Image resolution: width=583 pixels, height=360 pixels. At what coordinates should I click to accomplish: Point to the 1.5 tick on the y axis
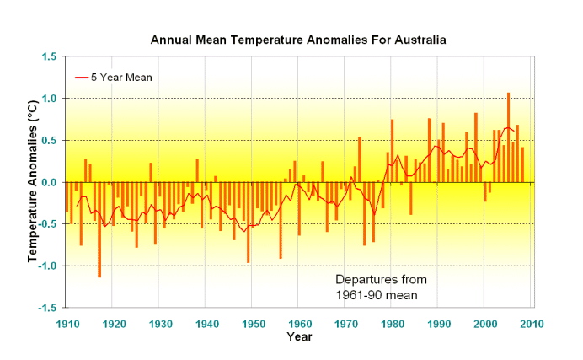click(x=49, y=56)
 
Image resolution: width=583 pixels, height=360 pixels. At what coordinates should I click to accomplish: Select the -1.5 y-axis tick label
click(x=46, y=308)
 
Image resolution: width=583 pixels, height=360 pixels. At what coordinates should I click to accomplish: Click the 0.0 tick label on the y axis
click(x=49, y=182)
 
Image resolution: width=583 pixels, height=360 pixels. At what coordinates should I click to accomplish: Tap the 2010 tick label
click(x=531, y=323)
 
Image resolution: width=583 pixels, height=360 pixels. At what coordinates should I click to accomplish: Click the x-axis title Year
click(x=298, y=337)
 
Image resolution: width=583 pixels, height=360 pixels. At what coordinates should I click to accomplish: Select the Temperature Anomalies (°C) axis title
click(x=32, y=182)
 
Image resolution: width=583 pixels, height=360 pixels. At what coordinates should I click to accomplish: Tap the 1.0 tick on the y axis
click(x=49, y=99)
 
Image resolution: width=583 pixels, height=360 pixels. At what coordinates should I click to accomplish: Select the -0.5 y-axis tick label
click(x=46, y=224)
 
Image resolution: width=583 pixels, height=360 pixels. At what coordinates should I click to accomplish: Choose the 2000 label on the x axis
click(x=484, y=323)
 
